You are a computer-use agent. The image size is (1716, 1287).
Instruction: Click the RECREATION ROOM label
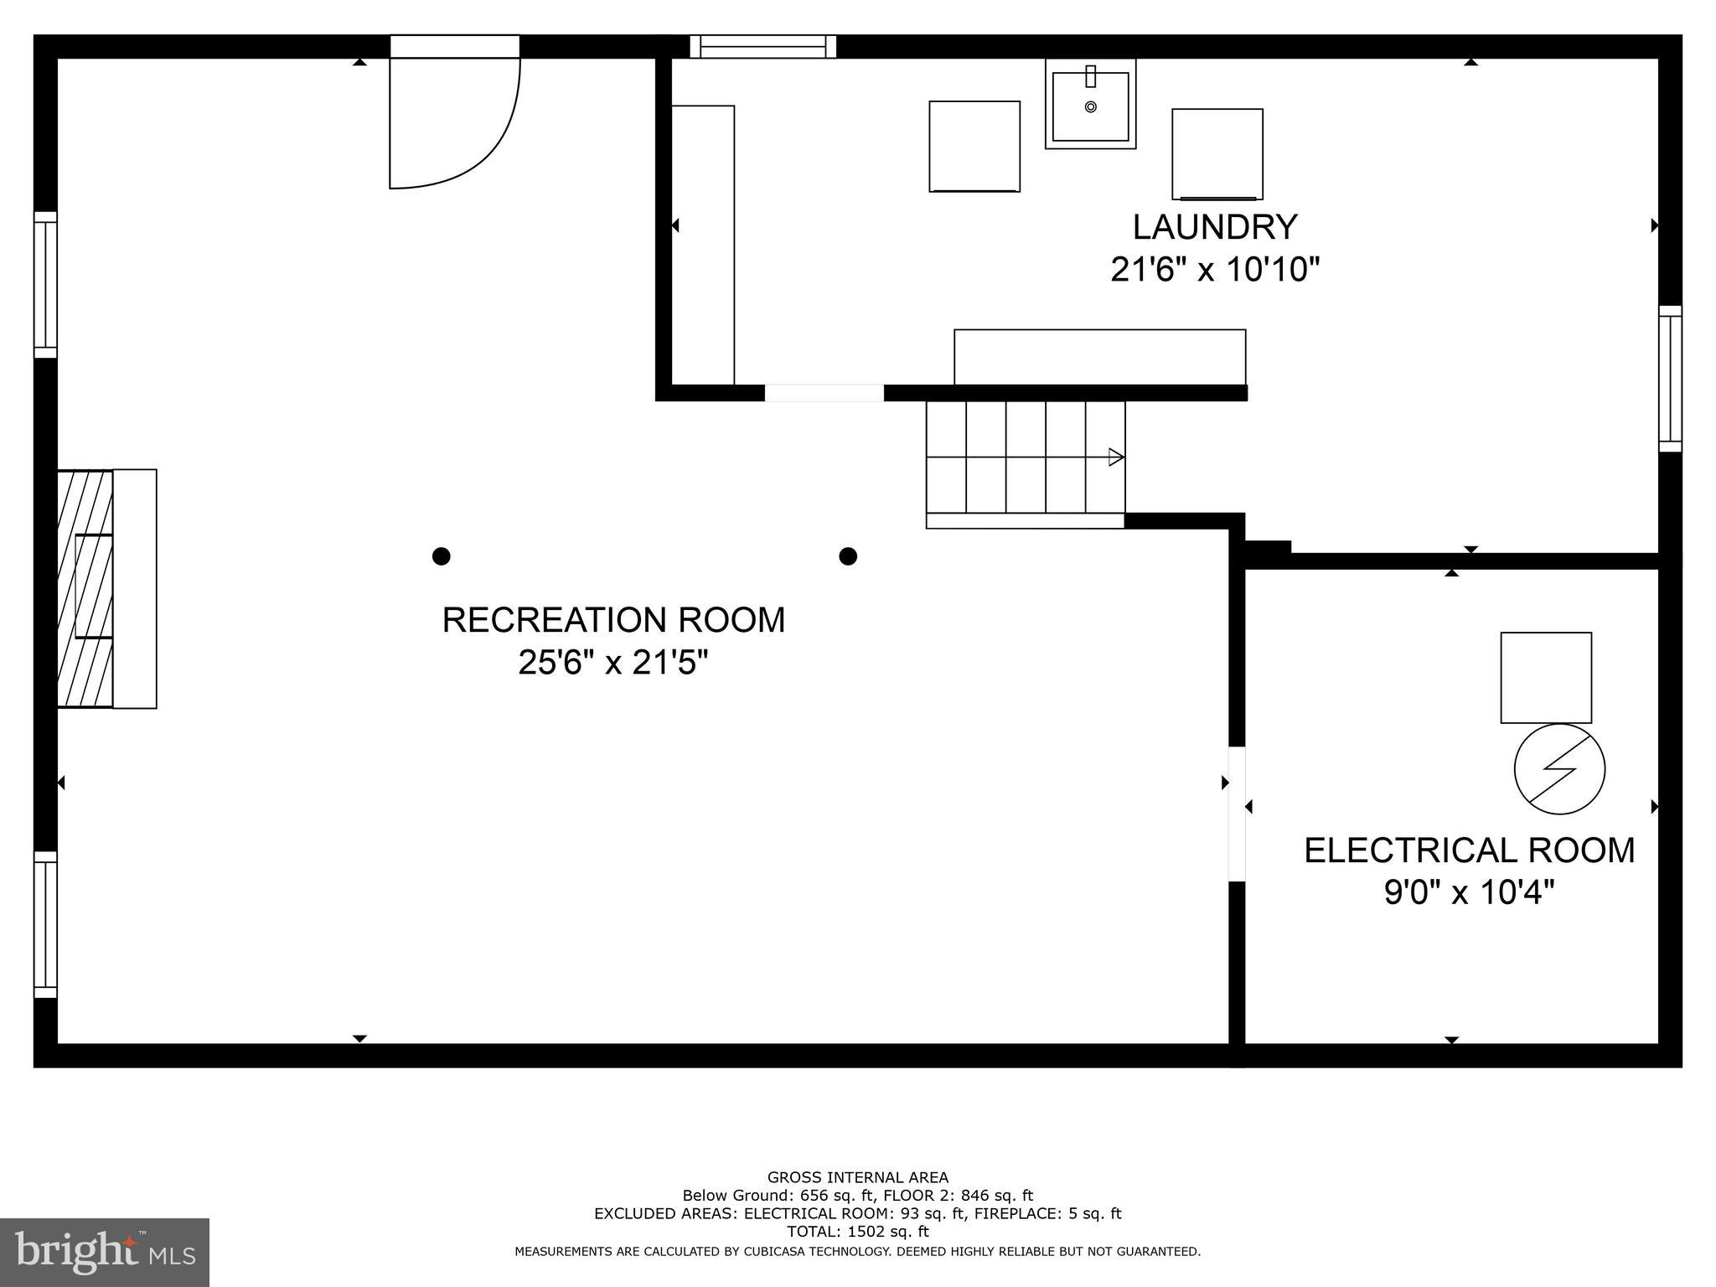click(x=613, y=620)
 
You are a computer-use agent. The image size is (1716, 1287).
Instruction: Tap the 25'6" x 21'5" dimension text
click(x=613, y=664)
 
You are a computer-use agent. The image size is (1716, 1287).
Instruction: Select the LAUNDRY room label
click(x=1215, y=227)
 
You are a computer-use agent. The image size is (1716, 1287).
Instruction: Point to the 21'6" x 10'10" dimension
click(x=1215, y=271)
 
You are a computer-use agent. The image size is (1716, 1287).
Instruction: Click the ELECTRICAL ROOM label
click(x=1469, y=850)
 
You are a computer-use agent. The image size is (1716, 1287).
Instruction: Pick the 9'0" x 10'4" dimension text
click(x=1469, y=893)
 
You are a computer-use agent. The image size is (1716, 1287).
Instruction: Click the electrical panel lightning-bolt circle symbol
click(x=1559, y=769)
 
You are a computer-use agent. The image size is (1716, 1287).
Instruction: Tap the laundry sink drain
click(x=1090, y=106)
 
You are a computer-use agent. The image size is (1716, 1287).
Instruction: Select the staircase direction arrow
click(x=1116, y=457)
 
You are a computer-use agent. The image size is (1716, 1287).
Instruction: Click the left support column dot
click(x=442, y=556)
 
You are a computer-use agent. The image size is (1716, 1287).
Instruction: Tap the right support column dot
click(x=848, y=556)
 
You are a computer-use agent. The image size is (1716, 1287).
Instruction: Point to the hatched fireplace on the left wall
click(x=85, y=588)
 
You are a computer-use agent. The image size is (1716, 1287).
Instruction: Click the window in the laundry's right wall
click(x=1670, y=379)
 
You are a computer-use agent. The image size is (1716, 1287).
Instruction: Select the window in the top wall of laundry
click(x=762, y=47)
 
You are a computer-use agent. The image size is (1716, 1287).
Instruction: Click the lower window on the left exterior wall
click(x=45, y=925)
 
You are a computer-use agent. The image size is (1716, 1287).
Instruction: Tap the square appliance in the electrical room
click(x=1546, y=678)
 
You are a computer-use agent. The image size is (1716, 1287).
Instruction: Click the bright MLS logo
click(x=105, y=1253)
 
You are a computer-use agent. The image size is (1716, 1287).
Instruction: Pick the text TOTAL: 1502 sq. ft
click(x=857, y=1232)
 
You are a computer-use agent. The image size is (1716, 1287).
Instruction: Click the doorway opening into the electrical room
click(x=1237, y=814)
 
